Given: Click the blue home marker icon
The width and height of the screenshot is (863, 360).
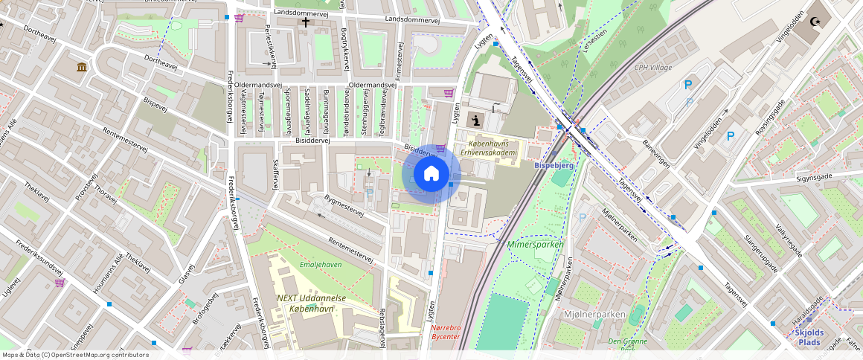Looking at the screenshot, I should point(431,174).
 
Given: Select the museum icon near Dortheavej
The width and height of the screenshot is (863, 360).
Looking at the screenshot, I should point(81,68).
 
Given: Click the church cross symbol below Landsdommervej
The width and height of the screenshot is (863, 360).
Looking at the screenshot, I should point(305,23).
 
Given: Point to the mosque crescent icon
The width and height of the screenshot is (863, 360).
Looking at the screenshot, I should point(818,22).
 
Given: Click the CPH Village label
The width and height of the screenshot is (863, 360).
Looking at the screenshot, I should point(652,68).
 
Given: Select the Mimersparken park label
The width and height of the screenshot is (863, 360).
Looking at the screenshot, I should point(535,244).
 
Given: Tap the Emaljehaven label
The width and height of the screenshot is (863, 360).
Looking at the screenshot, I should point(320,265).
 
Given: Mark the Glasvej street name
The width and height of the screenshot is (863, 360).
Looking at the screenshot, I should point(187,274).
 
